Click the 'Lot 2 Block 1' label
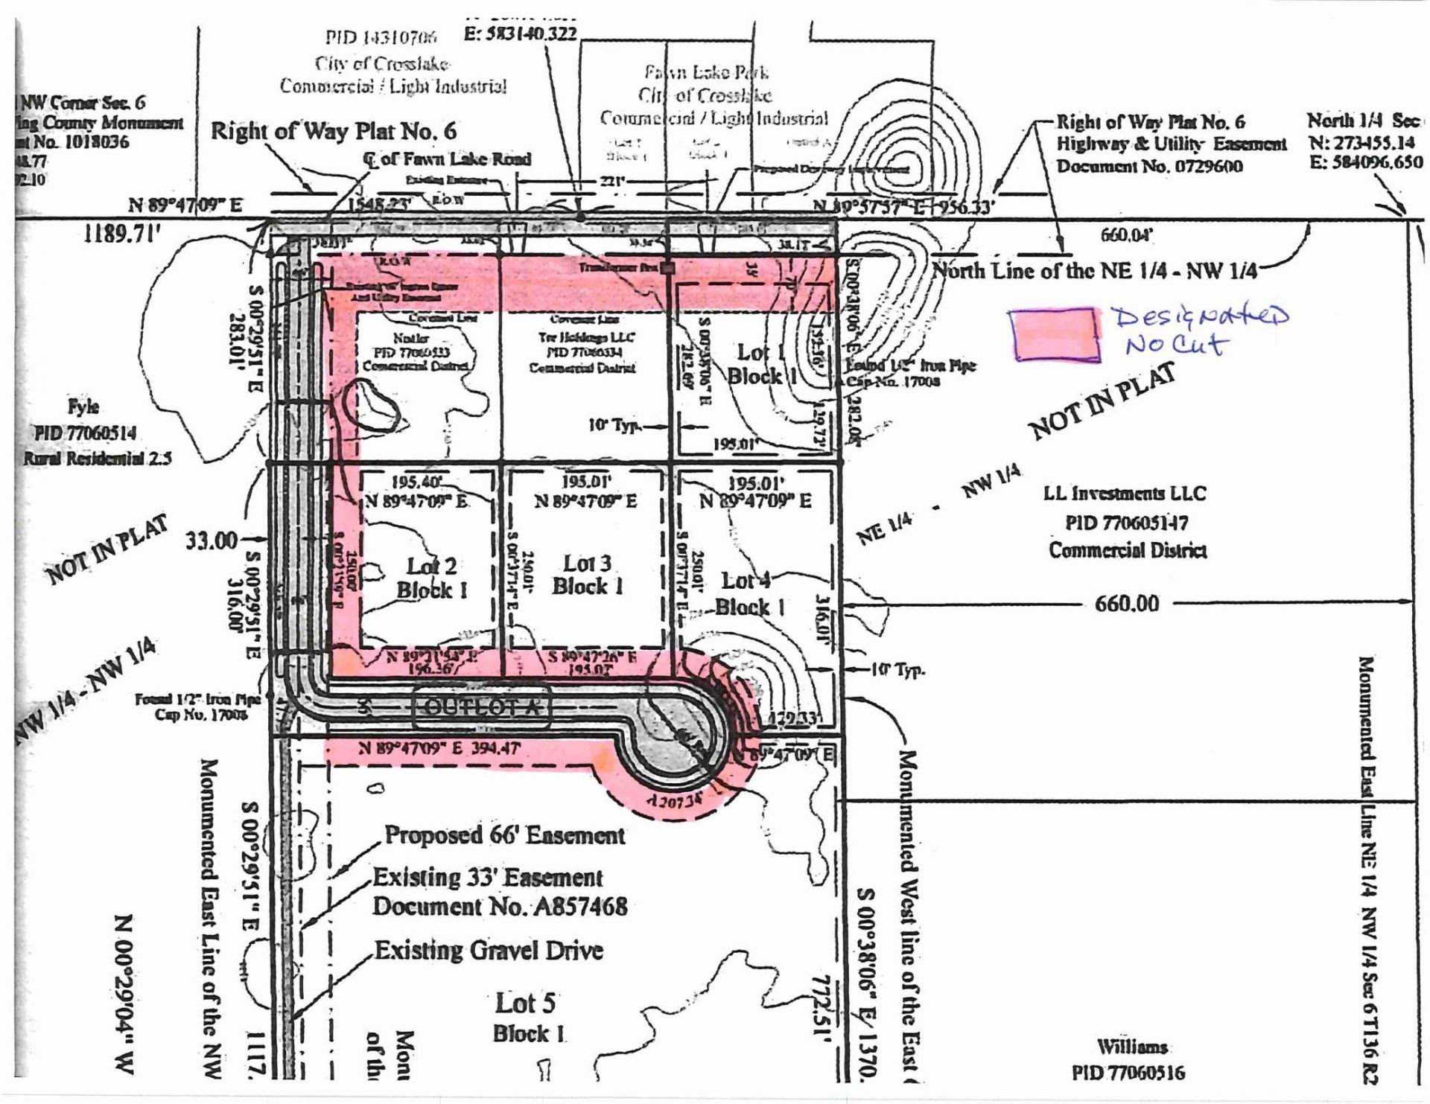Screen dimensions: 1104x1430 (431, 578)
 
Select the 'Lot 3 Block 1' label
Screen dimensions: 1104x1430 (587, 575)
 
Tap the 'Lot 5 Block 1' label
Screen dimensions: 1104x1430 (527, 1018)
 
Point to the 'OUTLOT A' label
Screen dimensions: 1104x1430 (482, 706)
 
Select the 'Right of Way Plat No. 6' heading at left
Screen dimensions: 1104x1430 (333, 131)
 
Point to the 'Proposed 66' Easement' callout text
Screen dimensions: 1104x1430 (504, 835)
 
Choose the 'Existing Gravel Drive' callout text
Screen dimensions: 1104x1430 (488, 951)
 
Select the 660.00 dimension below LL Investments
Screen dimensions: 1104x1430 (1127, 603)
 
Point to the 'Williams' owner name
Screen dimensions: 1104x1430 (1131, 1047)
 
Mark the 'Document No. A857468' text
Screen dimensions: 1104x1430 (500, 907)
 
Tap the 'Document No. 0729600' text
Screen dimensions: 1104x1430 (1149, 165)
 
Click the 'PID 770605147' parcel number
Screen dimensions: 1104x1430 (1127, 522)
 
